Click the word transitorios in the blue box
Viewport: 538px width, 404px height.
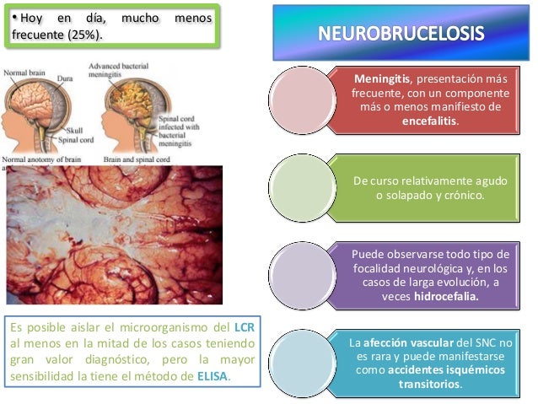point(430,384)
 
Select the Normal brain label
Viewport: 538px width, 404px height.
point(24,73)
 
